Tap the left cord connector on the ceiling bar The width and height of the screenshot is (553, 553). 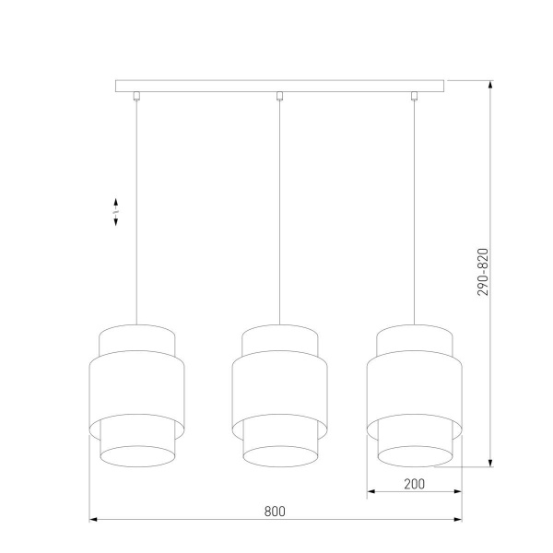point(136,95)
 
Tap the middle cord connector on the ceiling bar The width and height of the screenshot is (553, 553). point(279,95)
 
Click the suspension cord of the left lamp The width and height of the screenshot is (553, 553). point(136,212)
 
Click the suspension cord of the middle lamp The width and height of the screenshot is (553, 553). point(279,212)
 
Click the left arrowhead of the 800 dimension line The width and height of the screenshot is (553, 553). point(93,521)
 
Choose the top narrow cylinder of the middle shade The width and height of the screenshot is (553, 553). point(279,338)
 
